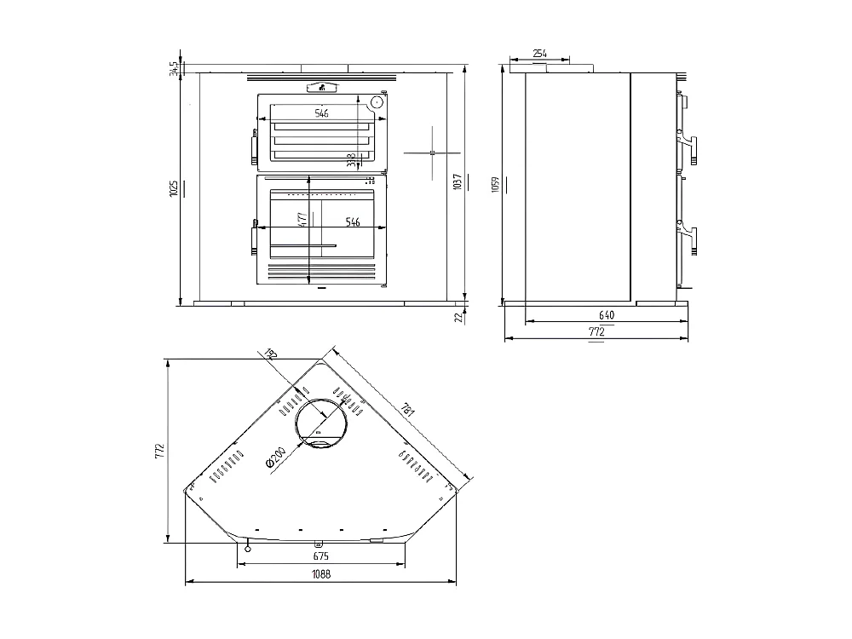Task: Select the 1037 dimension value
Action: (458, 181)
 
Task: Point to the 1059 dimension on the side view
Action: (497, 185)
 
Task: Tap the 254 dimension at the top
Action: (539, 54)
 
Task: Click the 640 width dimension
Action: (605, 314)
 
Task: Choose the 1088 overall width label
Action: (320, 574)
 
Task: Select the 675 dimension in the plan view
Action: (320, 556)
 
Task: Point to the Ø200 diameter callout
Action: (274, 458)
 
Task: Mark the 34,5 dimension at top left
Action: (174, 69)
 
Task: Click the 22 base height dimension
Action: (458, 317)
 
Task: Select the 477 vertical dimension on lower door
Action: (302, 219)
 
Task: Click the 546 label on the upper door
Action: (321, 112)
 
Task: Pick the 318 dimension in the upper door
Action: (351, 159)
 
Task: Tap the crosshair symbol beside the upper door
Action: (432, 153)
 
